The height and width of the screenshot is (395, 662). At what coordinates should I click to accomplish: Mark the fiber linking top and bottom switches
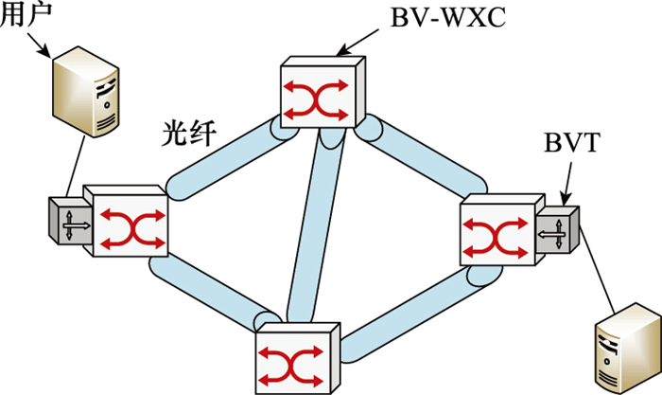tap(312, 227)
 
